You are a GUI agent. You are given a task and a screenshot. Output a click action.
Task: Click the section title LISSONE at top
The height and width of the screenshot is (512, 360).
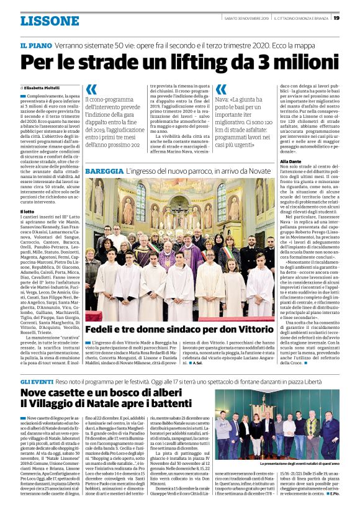(x=49, y=20)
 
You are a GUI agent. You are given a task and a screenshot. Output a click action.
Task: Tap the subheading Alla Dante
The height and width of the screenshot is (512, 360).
(x=292, y=162)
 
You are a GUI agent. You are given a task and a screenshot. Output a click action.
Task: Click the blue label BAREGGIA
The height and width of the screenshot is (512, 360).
(x=103, y=170)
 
